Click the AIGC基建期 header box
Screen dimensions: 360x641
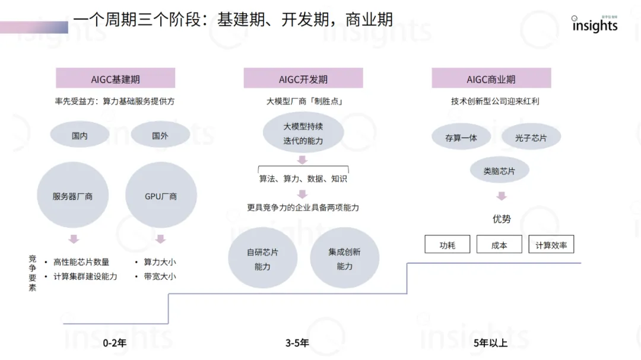click(116, 78)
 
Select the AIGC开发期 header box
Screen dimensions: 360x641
click(303, 78)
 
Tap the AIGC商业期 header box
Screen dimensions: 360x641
click(491, 78)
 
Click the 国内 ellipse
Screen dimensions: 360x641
click(80, 136)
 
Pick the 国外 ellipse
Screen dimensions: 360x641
click(160, 136)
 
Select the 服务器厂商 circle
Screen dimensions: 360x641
click(72, 196)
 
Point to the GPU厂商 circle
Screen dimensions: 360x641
click(161, 196)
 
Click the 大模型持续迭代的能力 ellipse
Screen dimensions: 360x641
click(303, 134)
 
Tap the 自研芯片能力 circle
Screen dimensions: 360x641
click(262, 259)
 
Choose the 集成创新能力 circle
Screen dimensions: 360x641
click(344, 259)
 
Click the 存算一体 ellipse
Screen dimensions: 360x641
click(461, 138)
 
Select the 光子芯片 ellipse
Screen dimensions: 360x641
click(531, 138)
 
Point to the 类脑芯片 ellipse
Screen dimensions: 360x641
click(499, 171)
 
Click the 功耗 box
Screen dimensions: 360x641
click(448, 244)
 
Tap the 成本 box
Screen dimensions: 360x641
click(499, 244)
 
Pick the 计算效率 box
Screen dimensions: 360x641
click(551, 244)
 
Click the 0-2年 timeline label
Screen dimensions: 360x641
click(115, 343)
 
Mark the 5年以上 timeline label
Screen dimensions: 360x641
click(490, 343)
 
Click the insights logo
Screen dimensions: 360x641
click(595, 25)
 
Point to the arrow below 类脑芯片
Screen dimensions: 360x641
click(502, 196)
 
